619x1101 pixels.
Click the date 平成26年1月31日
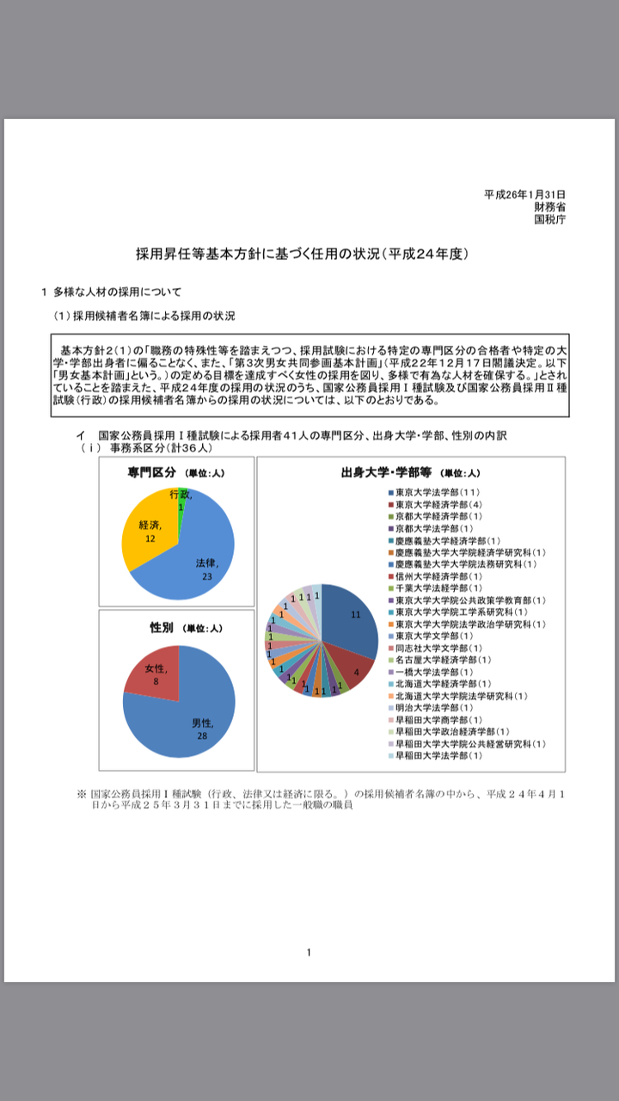[x=524, y=194]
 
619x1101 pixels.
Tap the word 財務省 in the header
[x=549, y=206]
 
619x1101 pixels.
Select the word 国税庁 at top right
[x=549, y=218]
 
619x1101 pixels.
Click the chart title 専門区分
[x=152, y=472]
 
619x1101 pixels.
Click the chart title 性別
[x=162, y=628]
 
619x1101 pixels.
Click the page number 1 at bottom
[x=309, y=951]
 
